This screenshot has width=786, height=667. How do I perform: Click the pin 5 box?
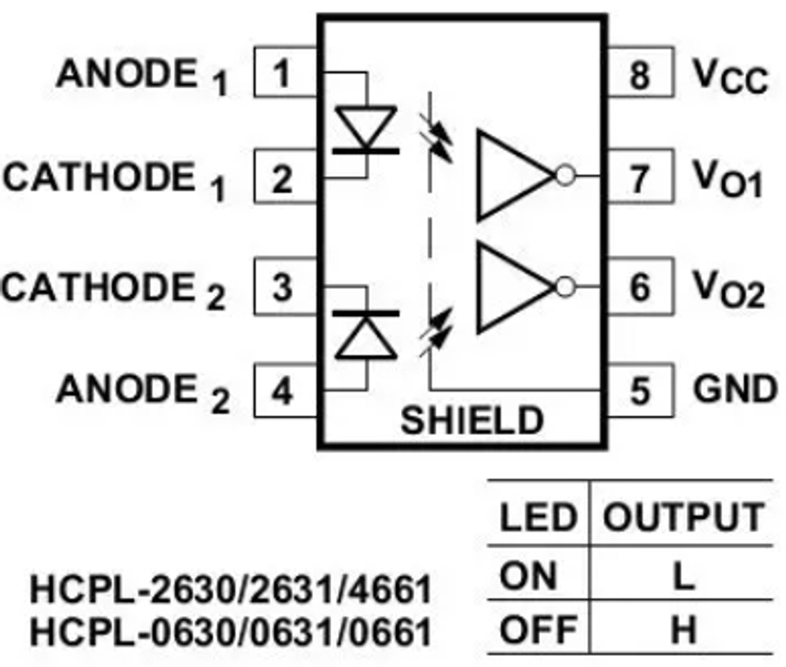[x=640, y=390]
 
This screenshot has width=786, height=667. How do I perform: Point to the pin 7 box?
[x=640, y=177]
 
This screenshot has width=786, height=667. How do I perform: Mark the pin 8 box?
[x=640, y=73]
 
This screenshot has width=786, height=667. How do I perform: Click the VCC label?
[x=729, y=76]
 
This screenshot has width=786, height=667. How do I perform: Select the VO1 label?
[x=728, y=180]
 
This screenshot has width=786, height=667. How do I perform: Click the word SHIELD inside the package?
[x=472, y=421]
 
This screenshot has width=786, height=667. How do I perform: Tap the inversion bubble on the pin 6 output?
[x=564, y=286]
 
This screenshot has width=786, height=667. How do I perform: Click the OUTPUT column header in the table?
[x=682, y=518]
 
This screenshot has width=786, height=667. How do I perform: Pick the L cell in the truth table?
[x=682, y=578]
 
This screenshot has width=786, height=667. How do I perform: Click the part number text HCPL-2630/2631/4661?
[x=230, y=590]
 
